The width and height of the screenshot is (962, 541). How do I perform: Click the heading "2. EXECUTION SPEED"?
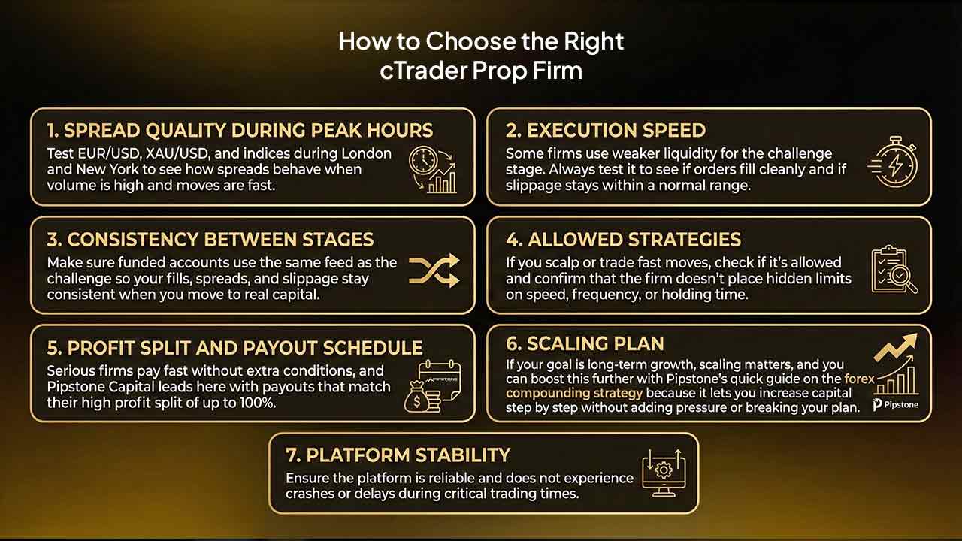[x=605, y=131]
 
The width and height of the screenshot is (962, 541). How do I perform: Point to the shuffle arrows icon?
[x=434, y=270]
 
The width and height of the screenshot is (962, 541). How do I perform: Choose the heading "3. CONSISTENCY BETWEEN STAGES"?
[x=210, y=240]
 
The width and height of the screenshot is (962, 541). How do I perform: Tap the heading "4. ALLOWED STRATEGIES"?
[x=623, y=240]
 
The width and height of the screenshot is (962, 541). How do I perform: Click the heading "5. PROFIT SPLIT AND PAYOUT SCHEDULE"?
[x=234, y=348]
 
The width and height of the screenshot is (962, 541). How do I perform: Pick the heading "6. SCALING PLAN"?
[x=585, y=344]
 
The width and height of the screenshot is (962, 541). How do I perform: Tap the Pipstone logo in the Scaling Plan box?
[x=895, y=405]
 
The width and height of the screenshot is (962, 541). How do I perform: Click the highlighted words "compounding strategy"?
[x=575, y=393]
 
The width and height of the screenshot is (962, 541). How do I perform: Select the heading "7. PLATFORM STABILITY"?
[x=398, y=455]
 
